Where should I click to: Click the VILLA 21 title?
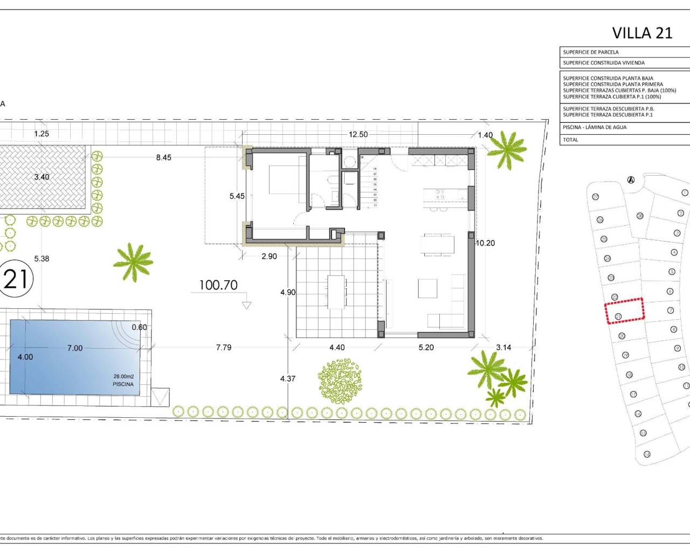642,33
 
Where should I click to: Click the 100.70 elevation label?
218,285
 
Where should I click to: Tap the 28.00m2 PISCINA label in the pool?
123,380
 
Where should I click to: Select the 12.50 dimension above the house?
358,134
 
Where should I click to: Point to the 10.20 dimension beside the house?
485,243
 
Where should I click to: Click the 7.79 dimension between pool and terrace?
223,348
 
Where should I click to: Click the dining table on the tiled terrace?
336,292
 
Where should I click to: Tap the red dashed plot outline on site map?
624,311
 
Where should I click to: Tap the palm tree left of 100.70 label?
133,261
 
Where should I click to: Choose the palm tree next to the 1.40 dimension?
507,148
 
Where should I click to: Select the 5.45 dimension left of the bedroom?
237,196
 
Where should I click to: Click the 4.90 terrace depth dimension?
288,292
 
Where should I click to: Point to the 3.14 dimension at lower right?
503,348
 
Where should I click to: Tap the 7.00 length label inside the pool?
75,348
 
